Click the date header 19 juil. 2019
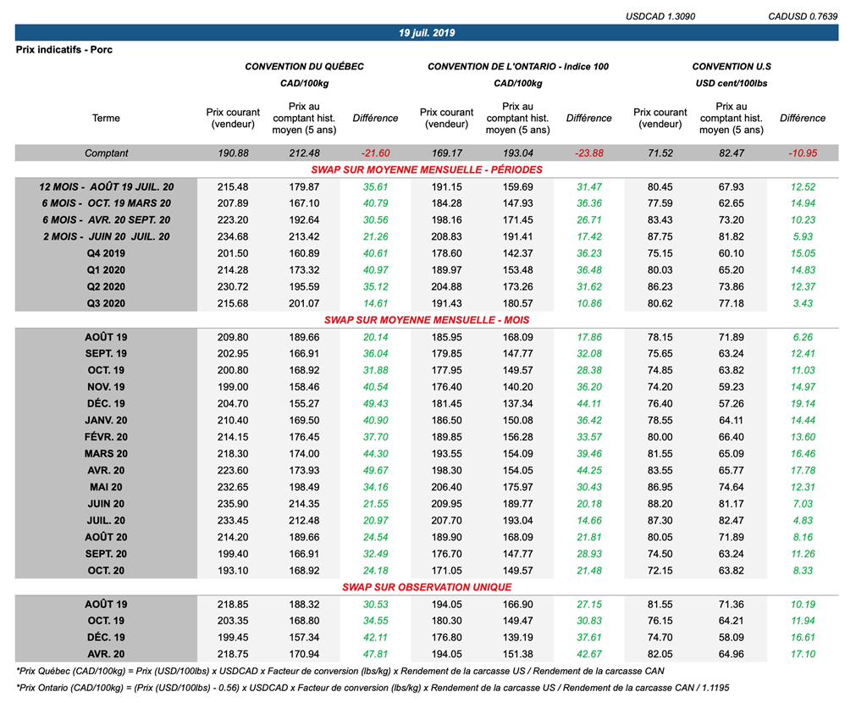point(427,33)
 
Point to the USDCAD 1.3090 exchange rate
point(660,16)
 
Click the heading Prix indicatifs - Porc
point(64,50)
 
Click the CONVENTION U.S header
point(732,66)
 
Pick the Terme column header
point(106,119)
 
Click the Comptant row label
point(106,153)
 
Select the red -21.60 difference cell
point(374,153)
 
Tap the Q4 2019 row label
point(106,252)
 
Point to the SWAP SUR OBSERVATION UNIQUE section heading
point(427,587)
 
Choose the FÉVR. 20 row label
point(106,437)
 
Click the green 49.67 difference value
point(374,470)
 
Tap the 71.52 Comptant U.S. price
point(660,153)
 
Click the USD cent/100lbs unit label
point(732,83)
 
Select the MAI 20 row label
point(106,487)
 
